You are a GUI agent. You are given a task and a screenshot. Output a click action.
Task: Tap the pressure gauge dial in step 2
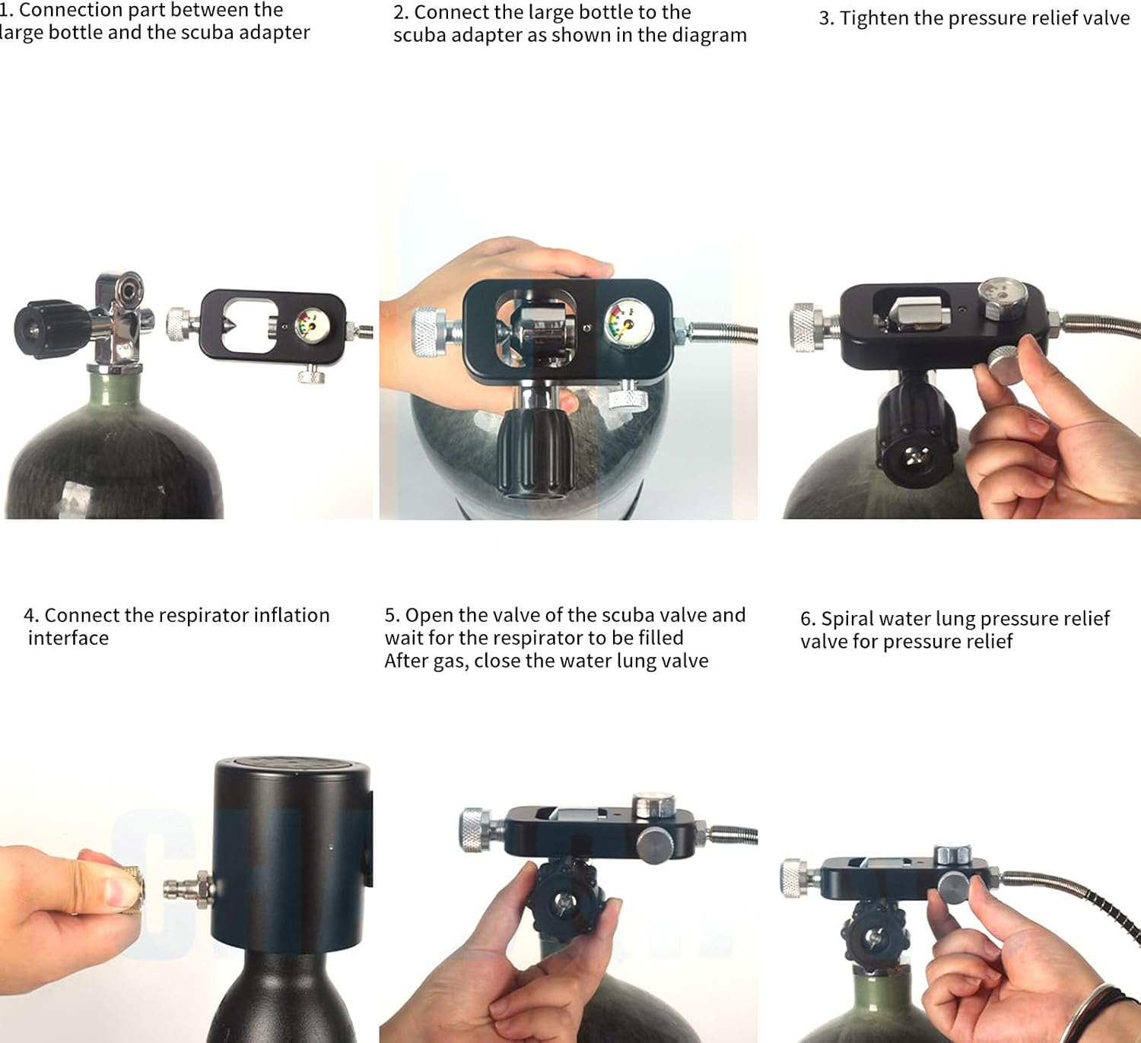(628, 324)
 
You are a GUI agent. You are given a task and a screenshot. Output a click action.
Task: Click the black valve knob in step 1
(51, 328)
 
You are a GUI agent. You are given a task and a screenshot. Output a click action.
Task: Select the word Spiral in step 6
(847, 620)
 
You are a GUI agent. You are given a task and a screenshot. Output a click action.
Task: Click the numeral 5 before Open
(390, 615)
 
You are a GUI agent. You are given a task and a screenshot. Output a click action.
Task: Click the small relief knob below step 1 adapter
(312, 376)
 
